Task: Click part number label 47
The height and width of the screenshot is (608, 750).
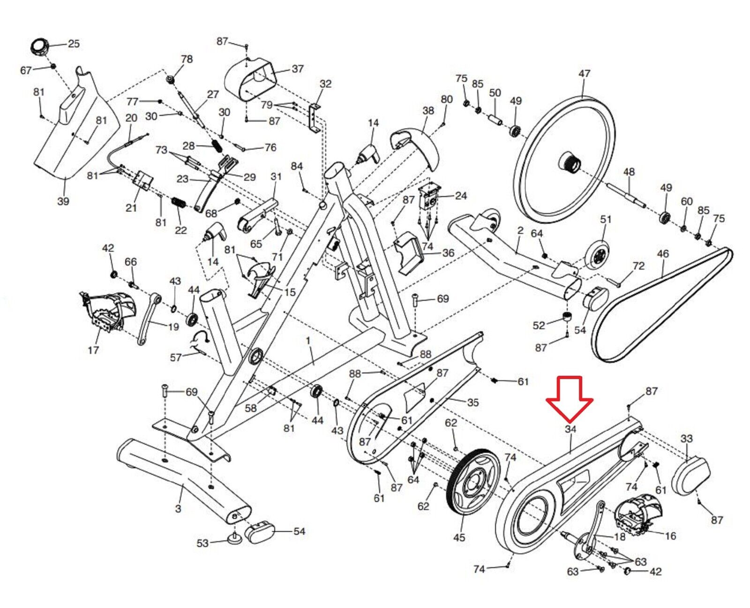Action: point(584,74)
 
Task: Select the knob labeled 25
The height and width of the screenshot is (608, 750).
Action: point(40,47)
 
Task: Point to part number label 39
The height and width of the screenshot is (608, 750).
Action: point(63,201)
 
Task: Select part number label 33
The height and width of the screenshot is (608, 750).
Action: point(686,439)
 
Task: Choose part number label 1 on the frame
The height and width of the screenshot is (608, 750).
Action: point(308,341)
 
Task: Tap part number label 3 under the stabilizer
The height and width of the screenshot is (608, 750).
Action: point(178,509)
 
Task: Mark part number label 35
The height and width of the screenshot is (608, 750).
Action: point(472,403)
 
